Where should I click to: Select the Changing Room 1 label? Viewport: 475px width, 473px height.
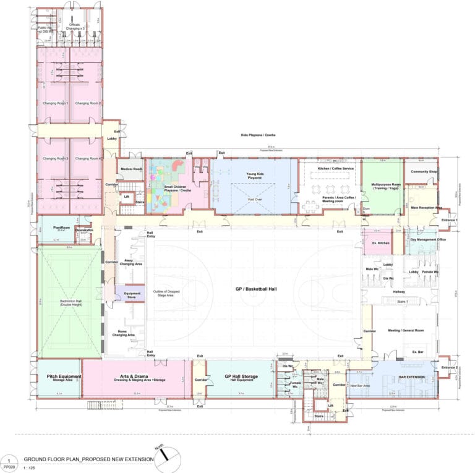pos(54,103)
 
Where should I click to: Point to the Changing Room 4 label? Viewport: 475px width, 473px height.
pos(88,159)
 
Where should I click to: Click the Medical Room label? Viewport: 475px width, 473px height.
pos(132,169)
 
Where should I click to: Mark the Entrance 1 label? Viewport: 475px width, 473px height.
pos(449,220)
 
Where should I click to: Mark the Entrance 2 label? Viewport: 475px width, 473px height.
pos(449,368)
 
